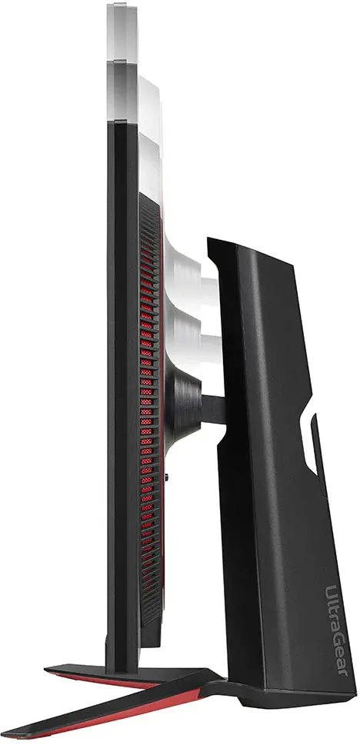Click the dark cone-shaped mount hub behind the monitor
pos(182,396)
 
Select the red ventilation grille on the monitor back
pos(150,384)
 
